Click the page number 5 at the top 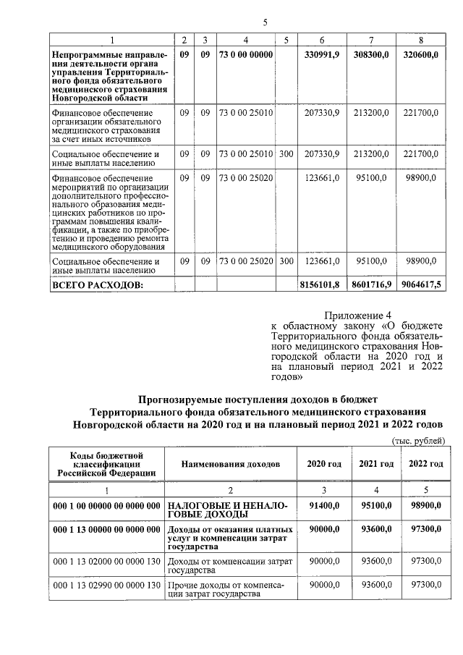tap(265, 22)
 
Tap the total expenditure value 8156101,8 tap(319, 286)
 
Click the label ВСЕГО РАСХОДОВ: tap(95, 286)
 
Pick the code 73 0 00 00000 tap(246, 55)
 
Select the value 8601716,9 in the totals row tap(370, 286)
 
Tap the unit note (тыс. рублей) tap(417, 441)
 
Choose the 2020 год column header tap(324, 463)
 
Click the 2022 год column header tap(426, 463)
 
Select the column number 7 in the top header tap(371, 38)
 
